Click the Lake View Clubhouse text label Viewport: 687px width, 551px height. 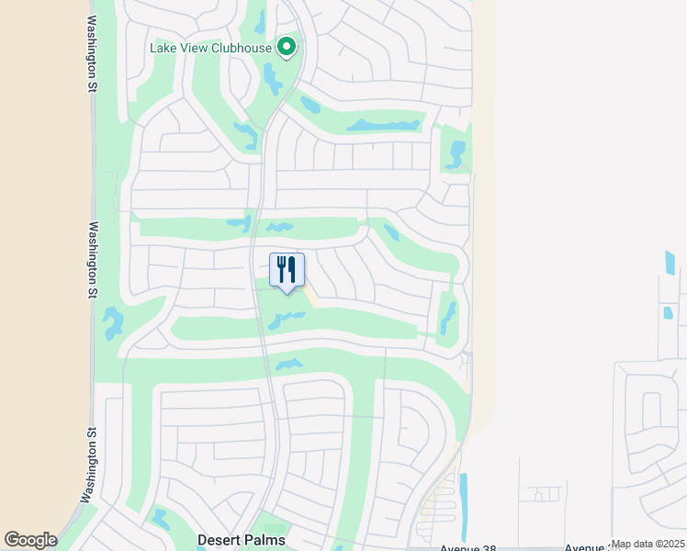pos(211,48)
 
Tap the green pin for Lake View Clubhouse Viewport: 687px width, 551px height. pos(287,46)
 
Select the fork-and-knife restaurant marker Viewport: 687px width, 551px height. pos(287,271)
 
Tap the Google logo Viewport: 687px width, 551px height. pos(30,540)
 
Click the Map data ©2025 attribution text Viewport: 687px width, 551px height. pos(648,545)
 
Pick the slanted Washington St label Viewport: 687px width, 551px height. pos(88,464)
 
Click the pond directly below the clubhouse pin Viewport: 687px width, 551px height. pos(273,80)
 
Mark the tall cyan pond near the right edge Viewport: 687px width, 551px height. pos(670,264)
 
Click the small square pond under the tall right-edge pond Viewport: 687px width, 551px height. pos(668,312)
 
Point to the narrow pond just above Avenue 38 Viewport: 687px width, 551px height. pos(462,504)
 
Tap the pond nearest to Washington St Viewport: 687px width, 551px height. pos(113,323)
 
